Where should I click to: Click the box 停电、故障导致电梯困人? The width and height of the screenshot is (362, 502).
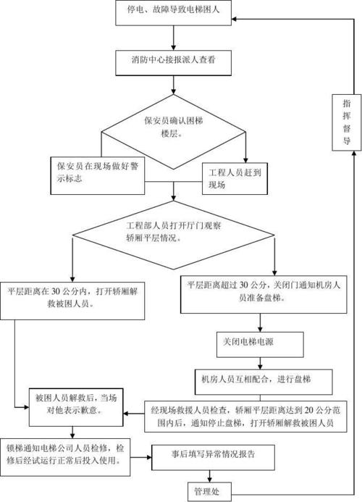tap(174, 12)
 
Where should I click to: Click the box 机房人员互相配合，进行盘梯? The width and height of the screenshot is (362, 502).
tap(256, 378)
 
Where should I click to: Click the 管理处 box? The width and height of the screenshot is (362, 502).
tap(209, 491)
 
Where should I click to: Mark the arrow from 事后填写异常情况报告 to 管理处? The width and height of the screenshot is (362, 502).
tap(210, 473)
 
